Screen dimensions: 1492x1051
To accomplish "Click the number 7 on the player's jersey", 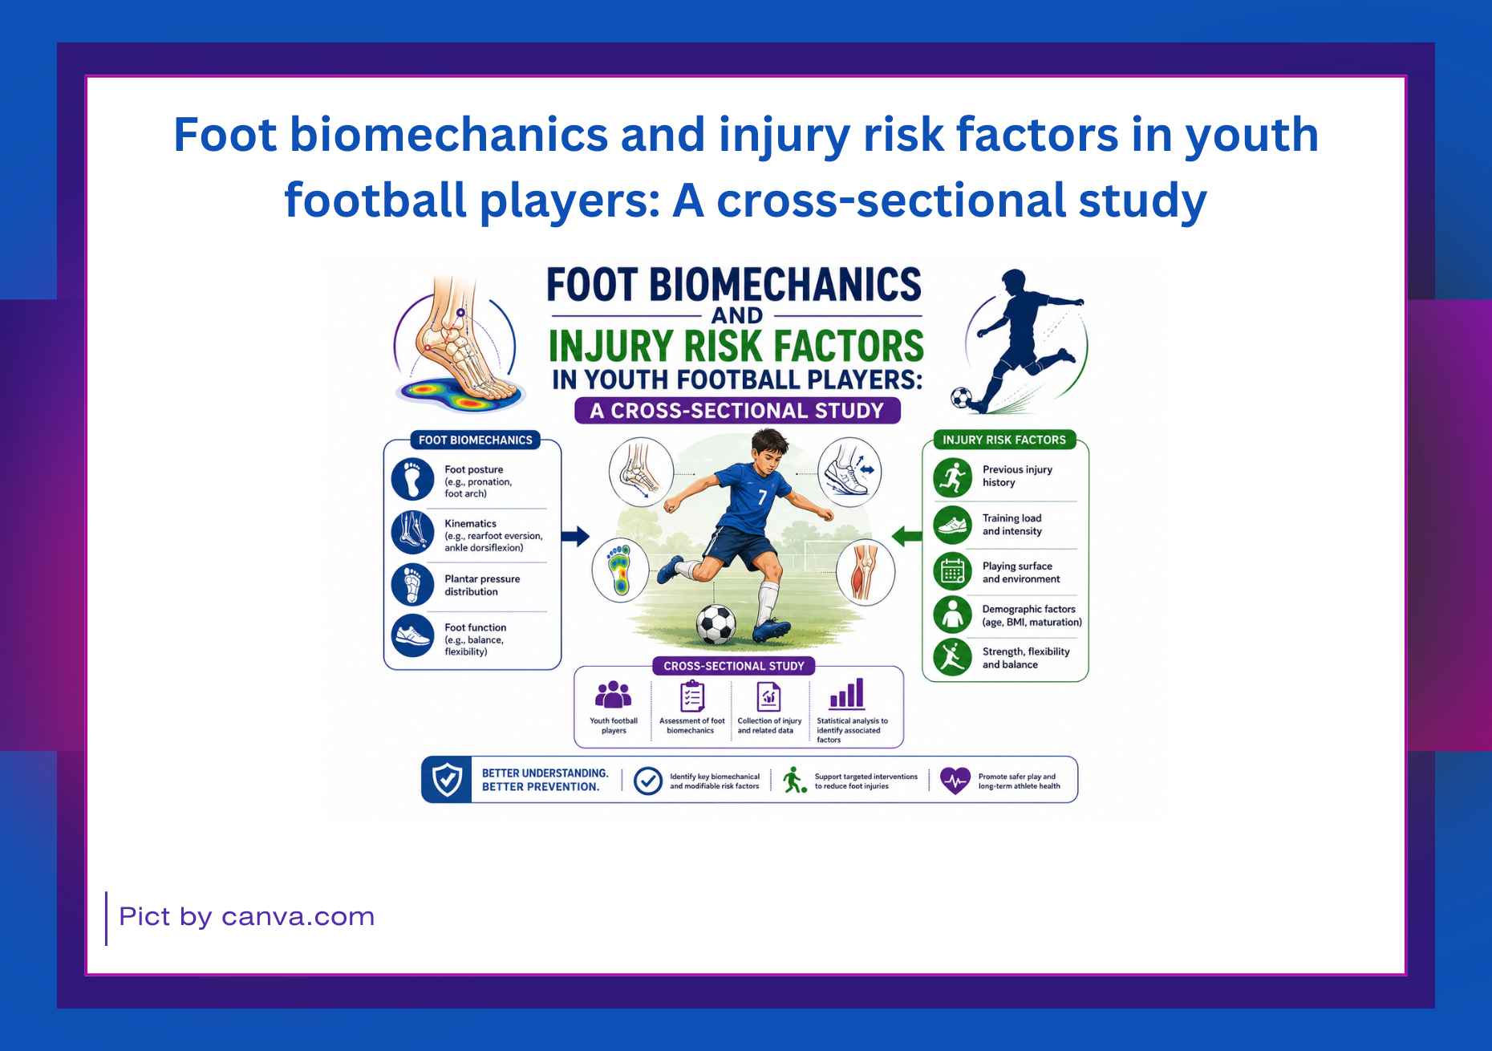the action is pyautogui.click(x=762, y=497).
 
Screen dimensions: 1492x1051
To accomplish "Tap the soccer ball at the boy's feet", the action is pyautogui.click(x=716, y=625).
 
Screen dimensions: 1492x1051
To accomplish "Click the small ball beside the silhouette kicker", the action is pyautogui.click(x=960, y=397).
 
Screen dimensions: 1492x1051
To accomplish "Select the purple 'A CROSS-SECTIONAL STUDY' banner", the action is pyautogui.click(x=737, y=411).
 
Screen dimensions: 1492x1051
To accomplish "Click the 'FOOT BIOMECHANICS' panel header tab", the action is pyautogui.click(x=475, y=440).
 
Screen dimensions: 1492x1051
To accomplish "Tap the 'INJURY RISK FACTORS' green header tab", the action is pyautogui.click(x=1003, y=440).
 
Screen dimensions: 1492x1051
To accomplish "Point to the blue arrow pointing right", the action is pyautogui.click(x=575, y=536).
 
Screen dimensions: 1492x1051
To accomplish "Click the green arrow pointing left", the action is pyautogui.click(x=907, y=535).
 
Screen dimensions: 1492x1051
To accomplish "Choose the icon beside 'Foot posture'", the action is pyautogui.click(x=412, y=480).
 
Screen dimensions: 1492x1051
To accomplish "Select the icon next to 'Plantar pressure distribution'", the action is pyautogui.click(x=412, y=584).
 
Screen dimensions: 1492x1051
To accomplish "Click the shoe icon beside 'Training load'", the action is pyautogui.click(x=953, y=525).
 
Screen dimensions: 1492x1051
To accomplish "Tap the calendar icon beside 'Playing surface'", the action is pyautogui.click(x=953, y=572).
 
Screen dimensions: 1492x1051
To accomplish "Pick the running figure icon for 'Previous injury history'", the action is pyautogui.click(x=953, y=477).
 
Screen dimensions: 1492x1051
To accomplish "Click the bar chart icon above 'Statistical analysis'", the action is pyautogui.click(x=847, y=694).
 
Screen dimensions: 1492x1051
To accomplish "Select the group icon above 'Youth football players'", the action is pyautogui.click(x=614, y=695).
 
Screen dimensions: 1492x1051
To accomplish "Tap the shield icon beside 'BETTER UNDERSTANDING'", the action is pyautogui.click(x=447, y=779).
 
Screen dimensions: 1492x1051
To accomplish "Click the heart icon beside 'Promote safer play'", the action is pyautogui.click(x=955, y=780).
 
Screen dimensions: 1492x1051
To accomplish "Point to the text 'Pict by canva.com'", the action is pyautogui.click(x=247, y=917).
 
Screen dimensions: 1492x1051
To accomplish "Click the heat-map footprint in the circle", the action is pyautogui.click(x=619, y=570).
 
